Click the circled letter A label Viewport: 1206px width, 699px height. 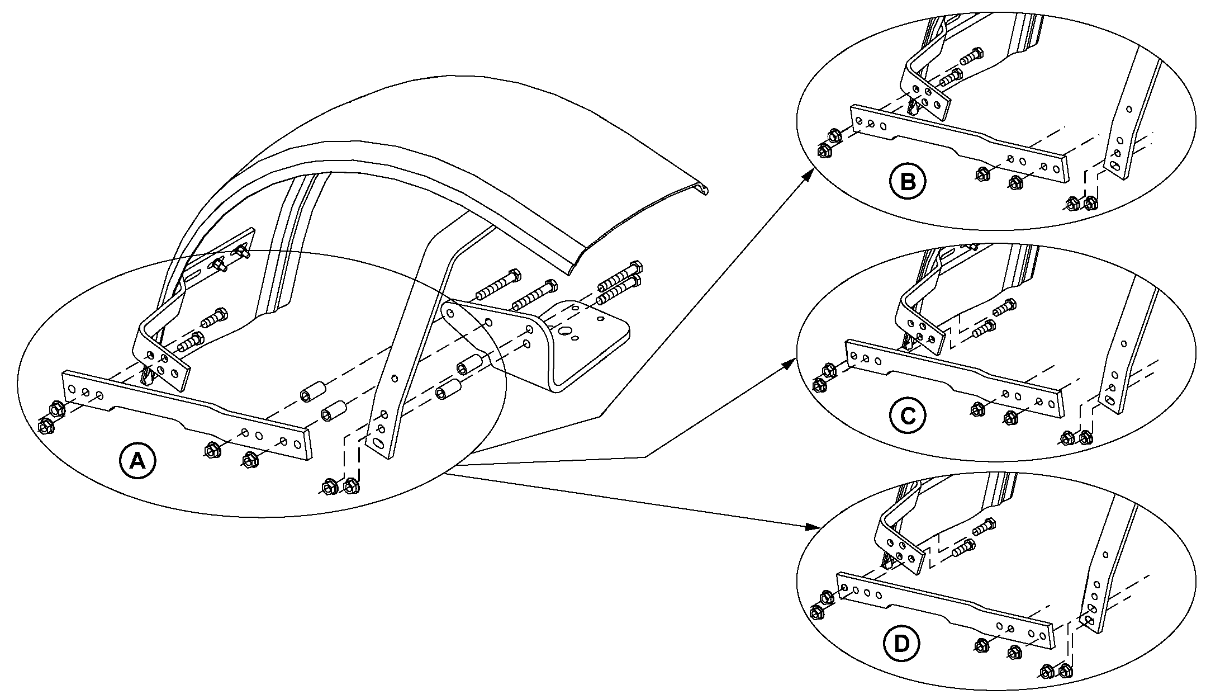[x=137, y=461]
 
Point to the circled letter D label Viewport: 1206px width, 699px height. [x=901, y=644]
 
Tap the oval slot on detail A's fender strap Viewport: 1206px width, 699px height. [x=378, y=443]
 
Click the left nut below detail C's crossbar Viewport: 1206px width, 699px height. [x=978, y=409]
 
